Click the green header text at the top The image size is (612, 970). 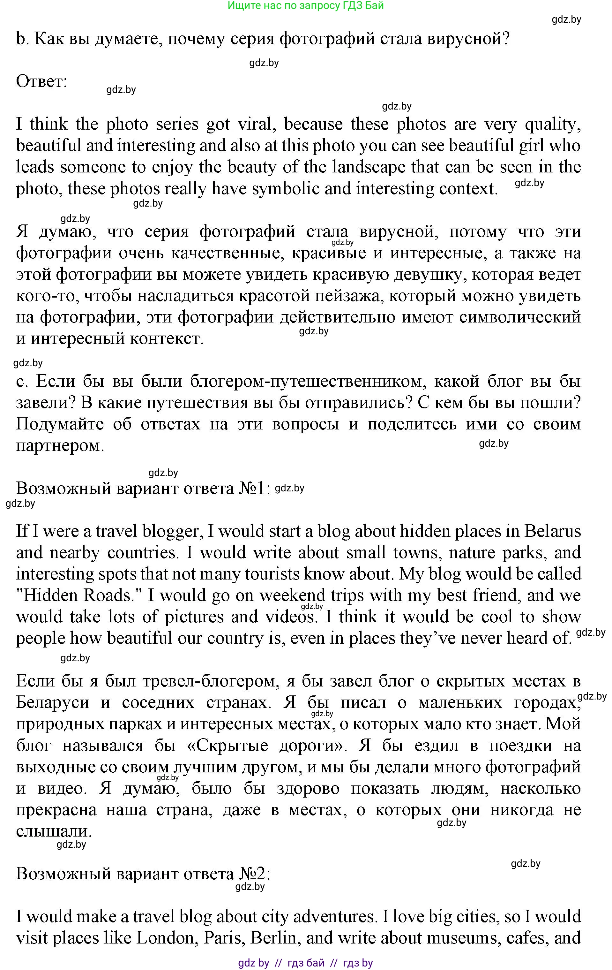pyautogui.click(x=306, y=6)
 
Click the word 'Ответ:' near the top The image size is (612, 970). pyautogui.click(x=41, y=82)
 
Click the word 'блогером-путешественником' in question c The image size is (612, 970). pyautogui.click(x=308, y=381)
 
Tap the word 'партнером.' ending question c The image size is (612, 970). pyautogui.click(x=60, y=445)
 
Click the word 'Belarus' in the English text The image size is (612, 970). pyautogui.click(x=552, y=531)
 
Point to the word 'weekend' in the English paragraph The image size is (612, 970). pyautogui.click(x=292, y=595)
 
